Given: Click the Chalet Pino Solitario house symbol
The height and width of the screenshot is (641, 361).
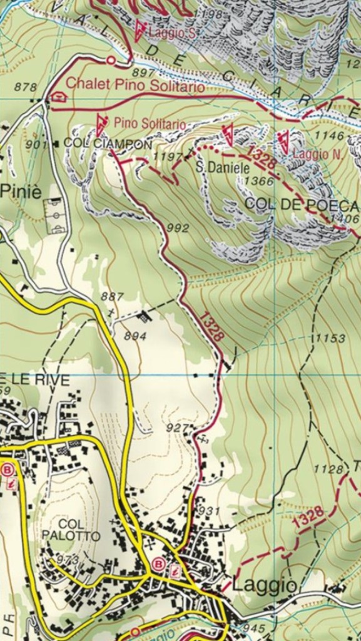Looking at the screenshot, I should (x=59, y=97).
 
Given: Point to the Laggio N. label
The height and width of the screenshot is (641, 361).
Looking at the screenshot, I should (x=315, y=153).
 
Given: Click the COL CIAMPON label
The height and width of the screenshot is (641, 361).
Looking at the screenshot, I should (x=108, y=144).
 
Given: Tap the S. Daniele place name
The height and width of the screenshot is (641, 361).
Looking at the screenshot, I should (x=223, y=168).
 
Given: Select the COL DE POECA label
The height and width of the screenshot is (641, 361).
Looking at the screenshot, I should (x=302, y=205).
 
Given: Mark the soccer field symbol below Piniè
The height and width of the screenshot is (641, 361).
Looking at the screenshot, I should (x=55, y=215).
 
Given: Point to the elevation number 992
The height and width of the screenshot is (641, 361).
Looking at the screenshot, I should (x=178, y=228).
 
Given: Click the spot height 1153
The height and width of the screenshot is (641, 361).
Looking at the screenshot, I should (x=330, y=338).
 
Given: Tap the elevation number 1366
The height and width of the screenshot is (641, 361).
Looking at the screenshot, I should (x=259, y=181).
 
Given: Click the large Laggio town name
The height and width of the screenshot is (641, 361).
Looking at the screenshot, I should (x=264, y=585).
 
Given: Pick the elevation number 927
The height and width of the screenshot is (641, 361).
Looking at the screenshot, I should (x=178, y=428).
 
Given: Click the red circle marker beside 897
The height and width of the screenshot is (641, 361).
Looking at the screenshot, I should (x=111, y=60).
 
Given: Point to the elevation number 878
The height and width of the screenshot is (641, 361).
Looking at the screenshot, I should (x=26, y=88).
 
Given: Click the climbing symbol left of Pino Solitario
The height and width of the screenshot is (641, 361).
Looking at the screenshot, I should (x=101, y=125).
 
